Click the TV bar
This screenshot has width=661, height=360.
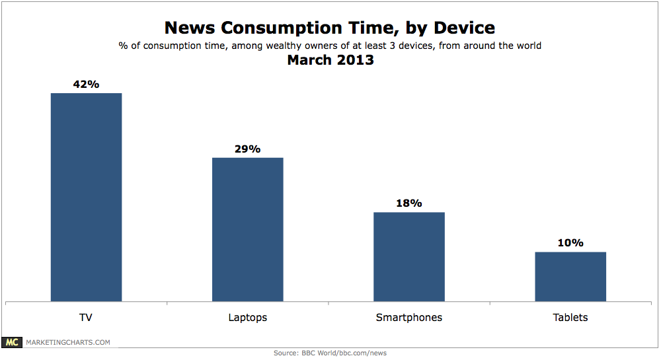86,197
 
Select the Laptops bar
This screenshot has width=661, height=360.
247,229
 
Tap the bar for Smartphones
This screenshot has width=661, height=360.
408,256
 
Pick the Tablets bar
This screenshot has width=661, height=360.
570,276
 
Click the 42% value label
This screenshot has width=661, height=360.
86,85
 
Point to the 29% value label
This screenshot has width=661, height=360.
247,149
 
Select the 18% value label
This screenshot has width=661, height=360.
408,203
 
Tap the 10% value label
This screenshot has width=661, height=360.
570,243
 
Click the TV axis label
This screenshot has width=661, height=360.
86,318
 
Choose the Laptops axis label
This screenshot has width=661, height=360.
247,318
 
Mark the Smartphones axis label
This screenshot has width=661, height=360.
408,318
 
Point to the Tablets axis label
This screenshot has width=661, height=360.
570,318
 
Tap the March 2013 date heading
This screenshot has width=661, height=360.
330,60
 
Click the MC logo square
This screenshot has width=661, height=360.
12,342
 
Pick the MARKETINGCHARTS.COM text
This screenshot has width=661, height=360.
67,342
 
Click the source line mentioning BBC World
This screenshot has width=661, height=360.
330,353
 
